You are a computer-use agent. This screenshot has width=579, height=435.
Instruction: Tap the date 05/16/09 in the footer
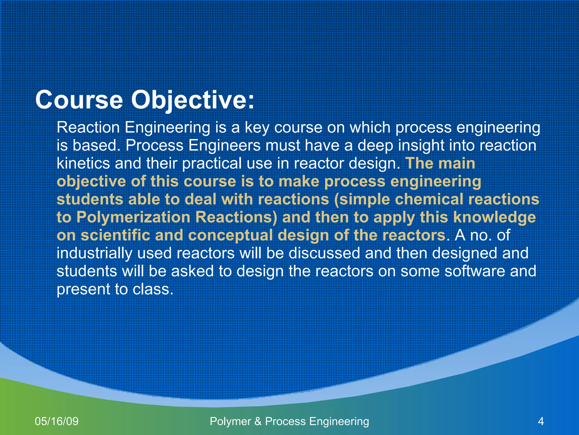(x=57, y=421)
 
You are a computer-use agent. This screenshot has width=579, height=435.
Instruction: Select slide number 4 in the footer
(x=541, y=421)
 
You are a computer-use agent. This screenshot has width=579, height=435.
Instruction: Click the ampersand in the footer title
(x=258, y=421)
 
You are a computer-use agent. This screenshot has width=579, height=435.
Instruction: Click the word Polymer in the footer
(x=230, y=421)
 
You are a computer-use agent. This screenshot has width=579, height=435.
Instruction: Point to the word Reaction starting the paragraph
(x=88, y=127)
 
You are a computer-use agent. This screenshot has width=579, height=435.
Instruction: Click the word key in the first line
(x=257, y=128)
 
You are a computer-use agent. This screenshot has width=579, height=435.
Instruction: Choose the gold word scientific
(x=115, y=235)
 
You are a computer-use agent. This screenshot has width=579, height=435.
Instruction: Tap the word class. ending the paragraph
(x=153, y=289)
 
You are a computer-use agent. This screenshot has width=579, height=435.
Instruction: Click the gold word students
(x=90, y=199)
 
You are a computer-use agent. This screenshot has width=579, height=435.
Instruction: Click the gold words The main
(x=440, y=163)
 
